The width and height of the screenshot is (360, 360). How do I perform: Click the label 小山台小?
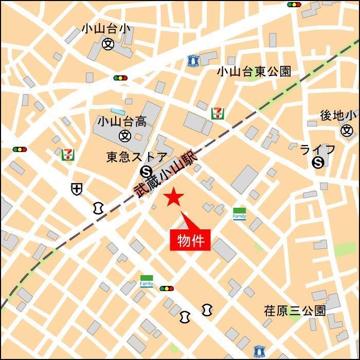tap(107, 29)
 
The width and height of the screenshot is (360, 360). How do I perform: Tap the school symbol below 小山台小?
tap(108, 44)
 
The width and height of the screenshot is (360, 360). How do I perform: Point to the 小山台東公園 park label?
tap(254, 71)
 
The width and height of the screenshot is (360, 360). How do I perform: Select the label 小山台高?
tap(122, 121)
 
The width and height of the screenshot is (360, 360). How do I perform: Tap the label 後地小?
tap(338, 116)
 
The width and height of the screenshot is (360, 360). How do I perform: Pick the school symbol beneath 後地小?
tap(348, 130)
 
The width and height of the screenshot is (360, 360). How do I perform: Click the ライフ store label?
tap(318, 150)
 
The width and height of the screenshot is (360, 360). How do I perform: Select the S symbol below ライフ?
tap(318, 163)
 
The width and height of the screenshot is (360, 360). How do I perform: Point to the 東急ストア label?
tap(137, 157)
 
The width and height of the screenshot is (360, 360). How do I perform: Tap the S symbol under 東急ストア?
tap(145, 171)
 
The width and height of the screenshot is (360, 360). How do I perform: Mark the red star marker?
tap(174, 197)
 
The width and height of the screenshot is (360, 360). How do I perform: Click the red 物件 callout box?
tap(190, 240)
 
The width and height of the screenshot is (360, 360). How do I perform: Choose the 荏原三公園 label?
tap(295, 311)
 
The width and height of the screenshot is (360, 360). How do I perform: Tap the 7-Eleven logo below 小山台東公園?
tap(217, 113)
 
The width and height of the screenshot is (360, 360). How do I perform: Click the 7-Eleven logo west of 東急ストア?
tap(67, 154)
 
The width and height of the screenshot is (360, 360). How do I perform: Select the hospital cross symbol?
tap(76, 189)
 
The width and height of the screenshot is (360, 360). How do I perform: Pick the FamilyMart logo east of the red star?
tap(239, 213)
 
